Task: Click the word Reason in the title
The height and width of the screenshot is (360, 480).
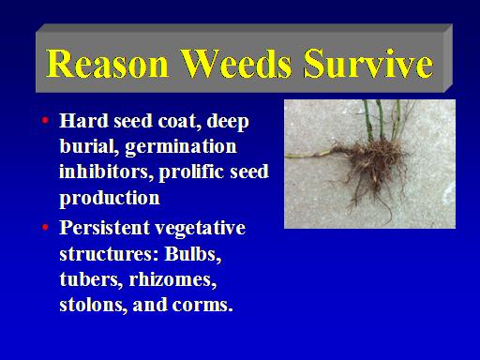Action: pyautogui.click(x=108, y=64)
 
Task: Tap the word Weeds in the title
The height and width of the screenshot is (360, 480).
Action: pyautogui.click(x=236, y=64)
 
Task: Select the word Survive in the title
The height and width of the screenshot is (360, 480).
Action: pyautogui.click(x=368, y=64)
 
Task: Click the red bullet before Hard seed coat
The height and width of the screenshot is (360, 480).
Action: pyautogui.click(x=45, y=120)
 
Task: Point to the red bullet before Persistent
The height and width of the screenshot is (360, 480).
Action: pyautogui.click(x=45, y=227)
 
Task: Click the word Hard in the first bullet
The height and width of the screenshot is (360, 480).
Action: pyautogui.click(x=83, y=121)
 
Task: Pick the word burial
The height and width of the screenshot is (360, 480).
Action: pyautogui.click(x=89, y=146)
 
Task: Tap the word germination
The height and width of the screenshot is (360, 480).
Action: pyautogui.click(x=181, y=147)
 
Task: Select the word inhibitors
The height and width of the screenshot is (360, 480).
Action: pyautogui.click(x=106, y=172)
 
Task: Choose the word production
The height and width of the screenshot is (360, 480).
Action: pyautogui.click(x=110, y=199)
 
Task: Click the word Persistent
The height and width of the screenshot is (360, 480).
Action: pyautogui.click(x=104, y=228)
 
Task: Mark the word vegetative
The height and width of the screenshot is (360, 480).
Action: pyautogui.click(x=201, y=229)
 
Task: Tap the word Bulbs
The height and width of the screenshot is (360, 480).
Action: pyautogui.click(x=193, y=254)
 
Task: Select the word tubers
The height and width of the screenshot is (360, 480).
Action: pyautogui.click(x=91, y=279)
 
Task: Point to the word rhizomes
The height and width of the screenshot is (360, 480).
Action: pyautogui.click(x=172, y=279)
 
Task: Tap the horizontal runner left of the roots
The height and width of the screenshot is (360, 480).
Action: pyautogui.click(x=309, y=155)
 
